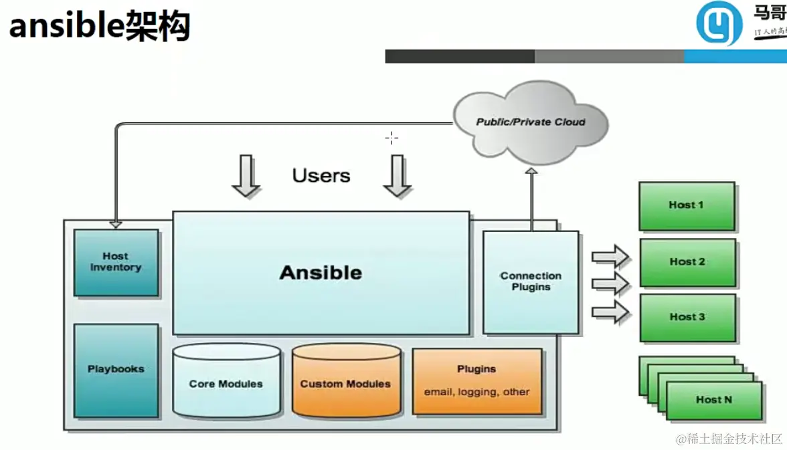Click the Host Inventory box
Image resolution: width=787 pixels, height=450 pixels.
[x=116, y=262]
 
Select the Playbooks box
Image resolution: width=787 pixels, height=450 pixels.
[x=116, y=370]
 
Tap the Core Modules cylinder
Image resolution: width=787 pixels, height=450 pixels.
[x=226, y=383]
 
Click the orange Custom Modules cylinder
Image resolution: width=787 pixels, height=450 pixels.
[x=345, y=383]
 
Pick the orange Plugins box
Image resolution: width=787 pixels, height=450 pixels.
[x=476, y=381]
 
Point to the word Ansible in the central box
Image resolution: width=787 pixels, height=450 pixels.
[x=321, y=273]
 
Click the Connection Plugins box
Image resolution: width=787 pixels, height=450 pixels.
[x=531, y=282]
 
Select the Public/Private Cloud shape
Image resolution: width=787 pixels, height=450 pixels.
[x=531, y=122]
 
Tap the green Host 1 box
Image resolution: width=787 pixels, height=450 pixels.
[x=687, y=205]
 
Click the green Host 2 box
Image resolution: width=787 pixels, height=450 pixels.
[x=687, y=262]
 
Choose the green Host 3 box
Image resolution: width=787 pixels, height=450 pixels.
[x=687, y=317]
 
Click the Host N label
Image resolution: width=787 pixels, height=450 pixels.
[x=713, y=400]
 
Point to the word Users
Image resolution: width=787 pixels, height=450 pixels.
[x=321, y=176]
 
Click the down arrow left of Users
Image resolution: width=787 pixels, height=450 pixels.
[x=246, y=175]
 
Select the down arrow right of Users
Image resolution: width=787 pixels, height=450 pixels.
[x=398, y=175]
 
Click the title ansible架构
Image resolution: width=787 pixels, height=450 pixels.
[x=99, y=27]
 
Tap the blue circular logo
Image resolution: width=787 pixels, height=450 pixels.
[x=719, y=24]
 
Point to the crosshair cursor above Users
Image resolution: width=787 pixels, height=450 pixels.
[x=392, y=138]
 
